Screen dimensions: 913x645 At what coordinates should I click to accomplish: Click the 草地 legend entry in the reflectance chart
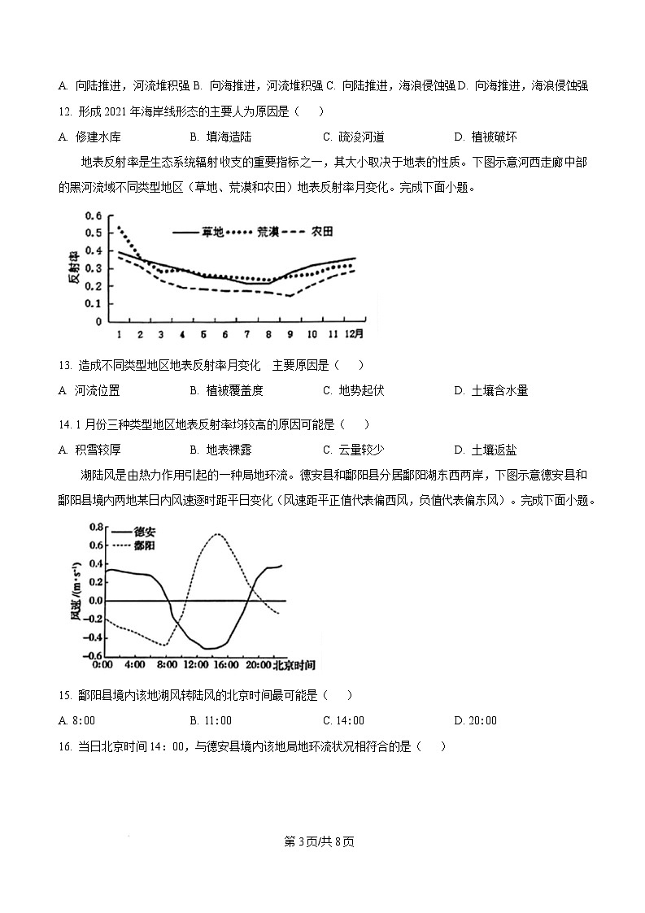(211, 232)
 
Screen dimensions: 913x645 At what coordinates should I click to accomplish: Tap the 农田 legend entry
(322, 232)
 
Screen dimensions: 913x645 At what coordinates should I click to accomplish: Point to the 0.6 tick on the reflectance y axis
(94, 216)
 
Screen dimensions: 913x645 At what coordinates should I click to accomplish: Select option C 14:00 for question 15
(343, 720)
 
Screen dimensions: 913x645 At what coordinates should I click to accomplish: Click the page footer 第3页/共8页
(322, 841)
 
